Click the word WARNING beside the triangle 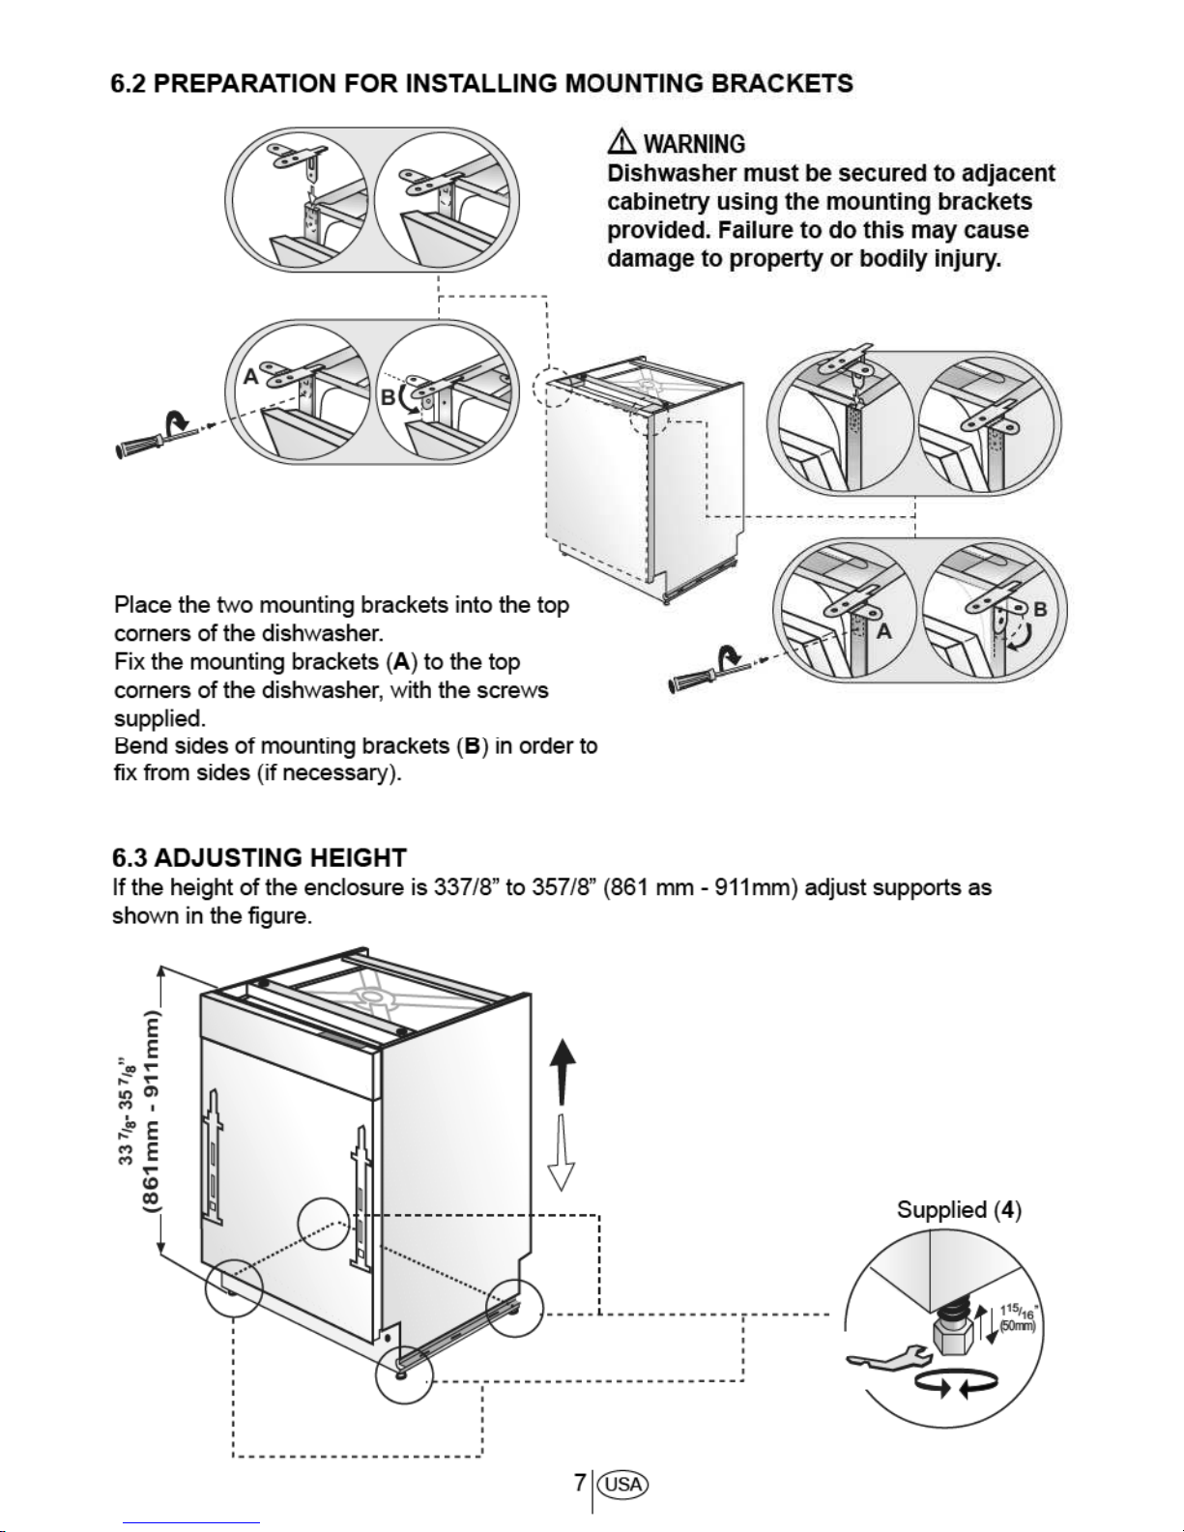coord(694,145)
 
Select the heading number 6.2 coord(129,83)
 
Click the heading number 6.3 coord(129,857)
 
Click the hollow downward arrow coord(562,1155)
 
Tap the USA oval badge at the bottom coord(623,1484)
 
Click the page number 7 coord(579,1483)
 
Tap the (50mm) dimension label coord(1018,1326)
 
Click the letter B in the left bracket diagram coord(387,397)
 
